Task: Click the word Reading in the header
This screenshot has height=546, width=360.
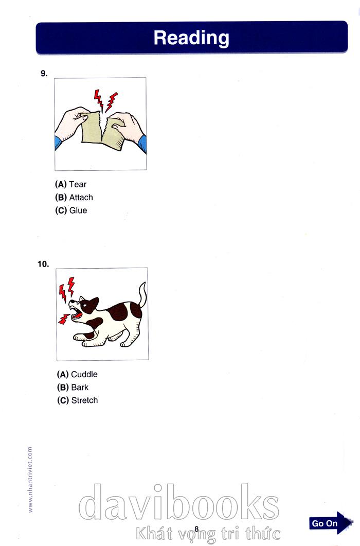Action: click(191, 38)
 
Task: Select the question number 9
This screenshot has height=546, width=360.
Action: click(44, 74)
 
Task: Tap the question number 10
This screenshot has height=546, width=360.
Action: click(43, 265)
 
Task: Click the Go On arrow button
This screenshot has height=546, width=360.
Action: click(331, 523)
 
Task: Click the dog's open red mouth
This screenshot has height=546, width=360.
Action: click(77, 315)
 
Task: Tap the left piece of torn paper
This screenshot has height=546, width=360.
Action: click(92, 128)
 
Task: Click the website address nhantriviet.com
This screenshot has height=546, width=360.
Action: click(30, 480)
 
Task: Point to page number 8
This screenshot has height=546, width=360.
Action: click(196, 530)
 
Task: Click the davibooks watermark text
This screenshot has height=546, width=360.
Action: click(179, 502)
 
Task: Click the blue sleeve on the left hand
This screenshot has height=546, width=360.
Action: click(58, 143)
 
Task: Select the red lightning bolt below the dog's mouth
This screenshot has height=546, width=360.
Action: click(64, 319)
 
